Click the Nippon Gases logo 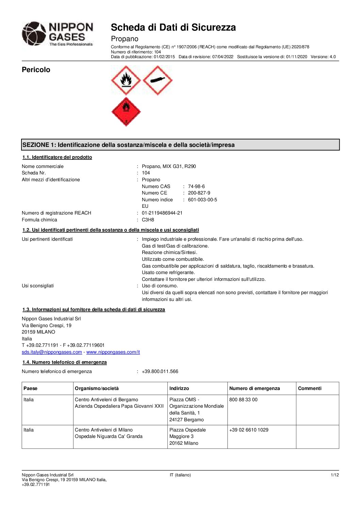click(x=58, y=34)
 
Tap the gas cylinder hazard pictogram click(x=158, y=81)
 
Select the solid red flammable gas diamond click(x=126, y=112)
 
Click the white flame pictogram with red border click(x=126, y=81)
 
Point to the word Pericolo click(x=36, y=70)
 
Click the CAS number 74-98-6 click(x=196, y=186)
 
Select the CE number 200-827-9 click(x=199, y=193)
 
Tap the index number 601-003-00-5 click(x=202, y=200)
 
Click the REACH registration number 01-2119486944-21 click(x=162, y=213)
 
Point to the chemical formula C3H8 click(x=148, y=220)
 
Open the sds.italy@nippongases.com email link click(x=52, y=352)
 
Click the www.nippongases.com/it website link click(x=113, y=352)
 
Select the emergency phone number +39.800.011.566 click(x=160, y=371)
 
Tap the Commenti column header click(x=310, y=388)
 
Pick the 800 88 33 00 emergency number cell click(x=243, y=400)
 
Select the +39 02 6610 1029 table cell click(x=249, y=430)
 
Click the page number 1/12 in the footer click(x=335, y=475)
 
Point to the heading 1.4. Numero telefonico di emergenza click(x=65, y=362)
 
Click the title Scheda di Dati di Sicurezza click(x=173, y=27)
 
